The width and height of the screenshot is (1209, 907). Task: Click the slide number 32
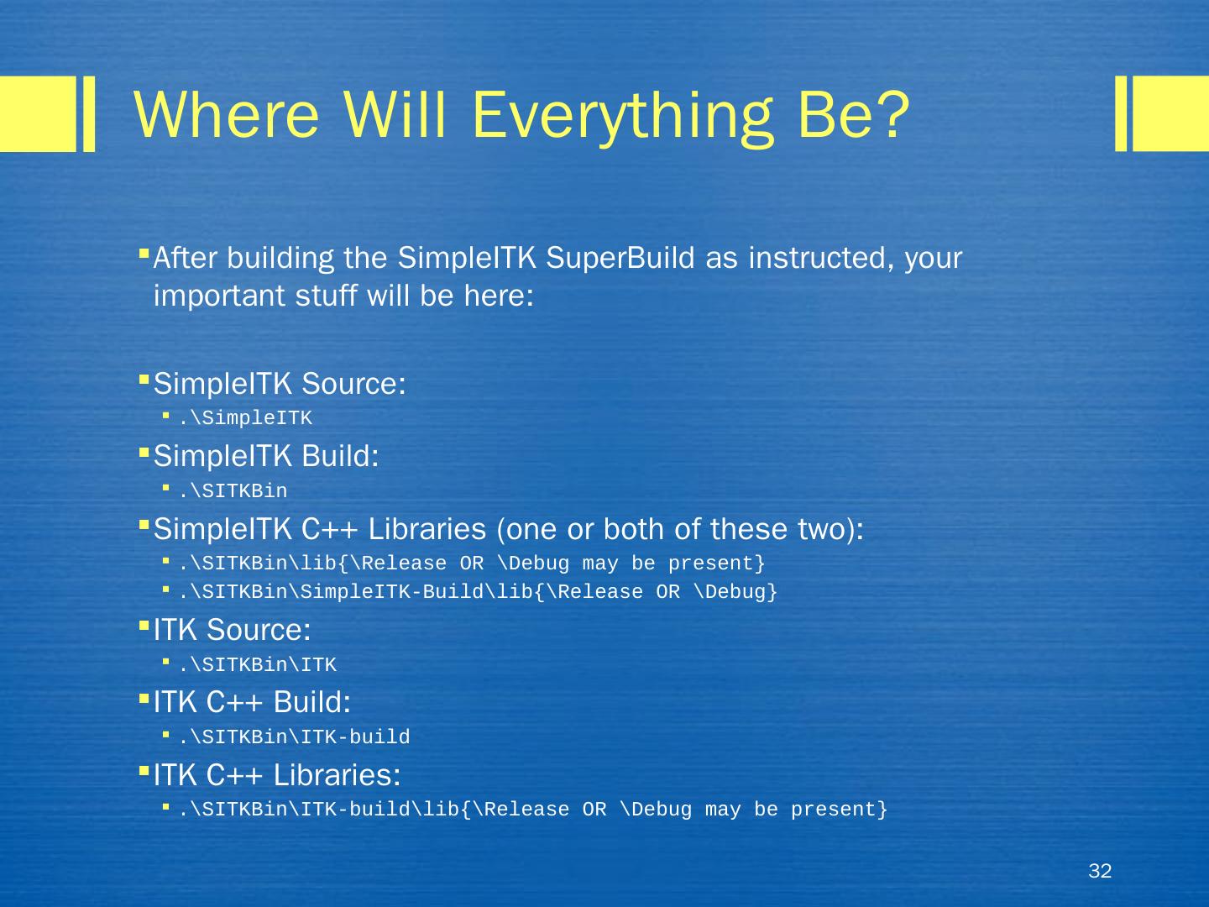click(x=1099, y=871)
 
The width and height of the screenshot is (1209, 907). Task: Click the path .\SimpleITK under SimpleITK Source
click(x=246, y=418)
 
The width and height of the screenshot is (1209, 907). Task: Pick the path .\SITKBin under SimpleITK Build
click(x=233, y=490)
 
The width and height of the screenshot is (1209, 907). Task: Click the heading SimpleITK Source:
click(x=280, y=383)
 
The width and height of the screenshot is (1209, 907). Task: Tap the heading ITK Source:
click(x=232, y=630)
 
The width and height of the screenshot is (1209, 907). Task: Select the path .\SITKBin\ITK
click(x=258, y=664)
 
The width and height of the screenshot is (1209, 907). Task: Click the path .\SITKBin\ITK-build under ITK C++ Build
click(x=295, y=737)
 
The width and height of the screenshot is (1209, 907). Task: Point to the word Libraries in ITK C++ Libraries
click(x=337, y=775)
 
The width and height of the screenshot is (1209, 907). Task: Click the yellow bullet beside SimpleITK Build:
click(x=144, y=453)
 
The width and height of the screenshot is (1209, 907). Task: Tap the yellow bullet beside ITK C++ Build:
click(x=144, y=700)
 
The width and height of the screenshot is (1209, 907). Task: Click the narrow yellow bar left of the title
click(x=89, y=113)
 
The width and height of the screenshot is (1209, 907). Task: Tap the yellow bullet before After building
click(x=144, y=254)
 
